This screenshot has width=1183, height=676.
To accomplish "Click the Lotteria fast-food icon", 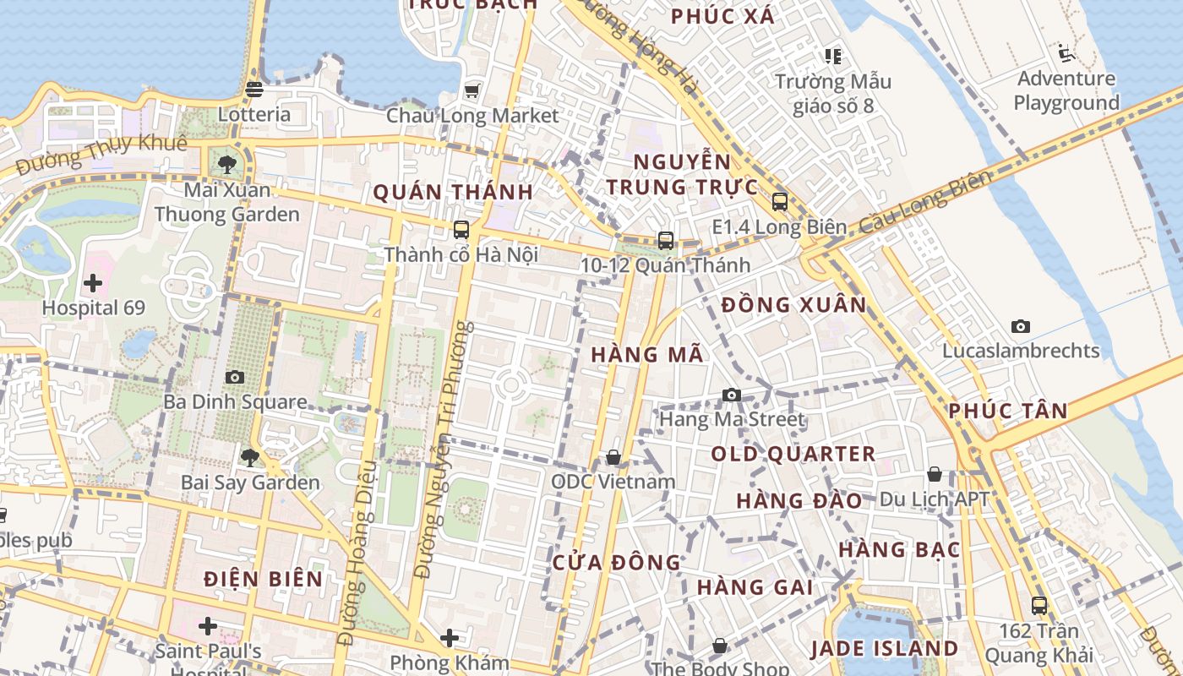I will pos(254,89).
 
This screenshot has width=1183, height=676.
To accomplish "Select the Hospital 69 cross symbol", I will pos(93,283).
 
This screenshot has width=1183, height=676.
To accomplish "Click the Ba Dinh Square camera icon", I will pos(235,377).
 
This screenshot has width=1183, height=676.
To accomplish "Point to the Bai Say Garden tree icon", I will pos(249,458).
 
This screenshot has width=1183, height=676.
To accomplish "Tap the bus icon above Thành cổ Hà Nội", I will pos(461,229).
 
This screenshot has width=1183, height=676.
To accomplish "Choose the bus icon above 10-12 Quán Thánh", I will pos(666,241).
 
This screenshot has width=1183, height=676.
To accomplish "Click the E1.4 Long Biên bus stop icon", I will pos(779,202).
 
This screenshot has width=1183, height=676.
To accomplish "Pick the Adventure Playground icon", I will pos(1066,54).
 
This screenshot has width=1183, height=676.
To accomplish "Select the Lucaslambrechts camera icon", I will pos(1021,326).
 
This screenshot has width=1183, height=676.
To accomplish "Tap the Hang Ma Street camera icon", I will pos(732,395).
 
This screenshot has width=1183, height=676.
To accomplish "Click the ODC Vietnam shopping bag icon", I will pos(613,457).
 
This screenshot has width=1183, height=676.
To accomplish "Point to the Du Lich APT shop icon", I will pos(935,474).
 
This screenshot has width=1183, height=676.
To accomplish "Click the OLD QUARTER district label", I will pos(793,454).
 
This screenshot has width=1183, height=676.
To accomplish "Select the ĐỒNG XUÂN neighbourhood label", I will pos(794,305).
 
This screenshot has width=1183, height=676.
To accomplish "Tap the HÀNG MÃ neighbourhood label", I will pos(647,355).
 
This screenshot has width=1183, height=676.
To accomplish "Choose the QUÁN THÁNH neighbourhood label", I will pos(453,193).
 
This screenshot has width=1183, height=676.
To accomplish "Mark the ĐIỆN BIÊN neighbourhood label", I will pos(264,579).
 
